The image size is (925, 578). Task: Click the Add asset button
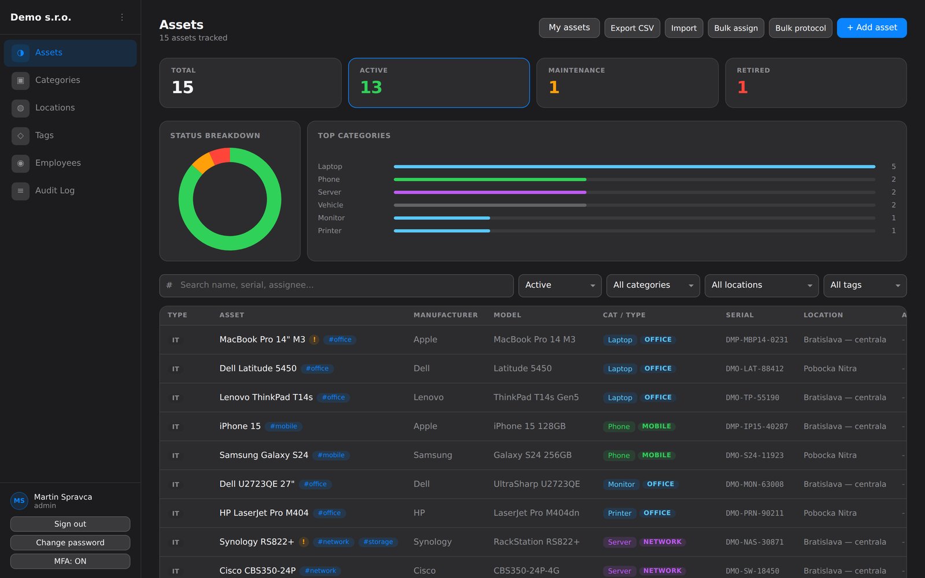872,28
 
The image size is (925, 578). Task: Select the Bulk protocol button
800,28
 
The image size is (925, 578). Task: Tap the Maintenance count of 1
554,87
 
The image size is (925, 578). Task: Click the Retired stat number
742,87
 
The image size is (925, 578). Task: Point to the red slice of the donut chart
220,156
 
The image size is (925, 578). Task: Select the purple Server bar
490,192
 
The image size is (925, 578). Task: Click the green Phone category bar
490,180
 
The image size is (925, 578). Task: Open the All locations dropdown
761,286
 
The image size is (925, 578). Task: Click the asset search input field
336,286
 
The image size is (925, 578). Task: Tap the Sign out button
70,524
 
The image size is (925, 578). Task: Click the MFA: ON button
70,561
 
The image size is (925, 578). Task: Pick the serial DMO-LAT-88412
754,369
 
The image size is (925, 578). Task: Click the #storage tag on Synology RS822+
378,542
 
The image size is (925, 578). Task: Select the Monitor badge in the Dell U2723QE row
621,484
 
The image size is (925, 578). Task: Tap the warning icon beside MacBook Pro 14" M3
314,339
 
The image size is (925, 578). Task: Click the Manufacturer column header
446,315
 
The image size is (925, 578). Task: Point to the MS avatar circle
19,501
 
